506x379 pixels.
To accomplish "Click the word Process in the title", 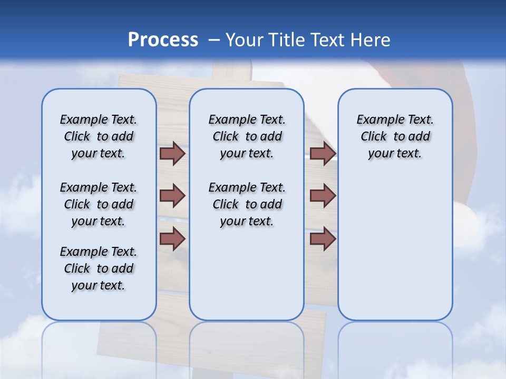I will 163,39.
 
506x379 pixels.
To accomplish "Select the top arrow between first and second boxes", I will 172,153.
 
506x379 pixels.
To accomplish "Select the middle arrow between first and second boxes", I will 172,196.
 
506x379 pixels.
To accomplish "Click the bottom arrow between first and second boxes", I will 172,239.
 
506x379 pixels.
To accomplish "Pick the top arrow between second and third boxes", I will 323,153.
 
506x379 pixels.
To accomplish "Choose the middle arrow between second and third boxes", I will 323,196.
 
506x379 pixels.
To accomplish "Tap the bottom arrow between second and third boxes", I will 323,239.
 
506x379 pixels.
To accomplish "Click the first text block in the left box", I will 99,136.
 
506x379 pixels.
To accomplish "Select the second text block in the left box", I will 99,204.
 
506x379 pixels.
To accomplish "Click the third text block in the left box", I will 99,268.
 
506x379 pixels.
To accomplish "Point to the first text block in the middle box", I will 247,136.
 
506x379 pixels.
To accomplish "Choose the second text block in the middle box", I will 247,204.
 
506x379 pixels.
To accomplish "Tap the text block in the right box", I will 395,136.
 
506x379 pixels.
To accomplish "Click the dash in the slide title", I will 215,40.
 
